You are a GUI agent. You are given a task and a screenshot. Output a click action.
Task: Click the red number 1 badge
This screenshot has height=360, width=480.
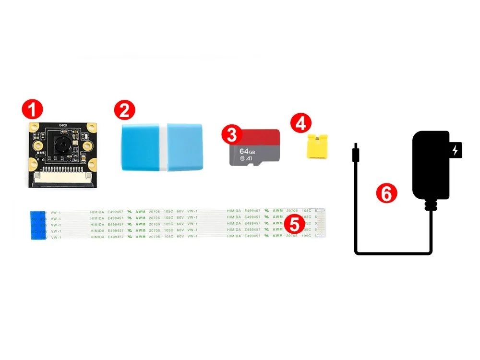[33, 110]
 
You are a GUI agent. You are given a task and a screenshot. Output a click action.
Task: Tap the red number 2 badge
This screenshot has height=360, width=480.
[124, 110]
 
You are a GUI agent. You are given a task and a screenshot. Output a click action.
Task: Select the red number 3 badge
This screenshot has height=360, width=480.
[232, 135]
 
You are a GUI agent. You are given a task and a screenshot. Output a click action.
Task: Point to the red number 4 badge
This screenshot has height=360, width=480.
[300, 123]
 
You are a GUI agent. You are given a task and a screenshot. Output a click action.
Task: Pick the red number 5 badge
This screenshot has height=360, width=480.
[295, 224]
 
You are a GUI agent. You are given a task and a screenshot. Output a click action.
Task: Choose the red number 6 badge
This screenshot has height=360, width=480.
[386, 193]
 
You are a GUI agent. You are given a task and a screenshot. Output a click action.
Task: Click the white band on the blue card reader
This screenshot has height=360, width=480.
[163, 147]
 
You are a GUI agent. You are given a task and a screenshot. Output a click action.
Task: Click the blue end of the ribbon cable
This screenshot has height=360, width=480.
[38, 225]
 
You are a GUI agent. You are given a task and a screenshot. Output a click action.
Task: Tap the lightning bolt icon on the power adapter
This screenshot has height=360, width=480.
[455, 151]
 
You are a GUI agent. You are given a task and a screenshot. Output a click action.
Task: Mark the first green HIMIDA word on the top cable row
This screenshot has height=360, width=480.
[97, 211]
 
